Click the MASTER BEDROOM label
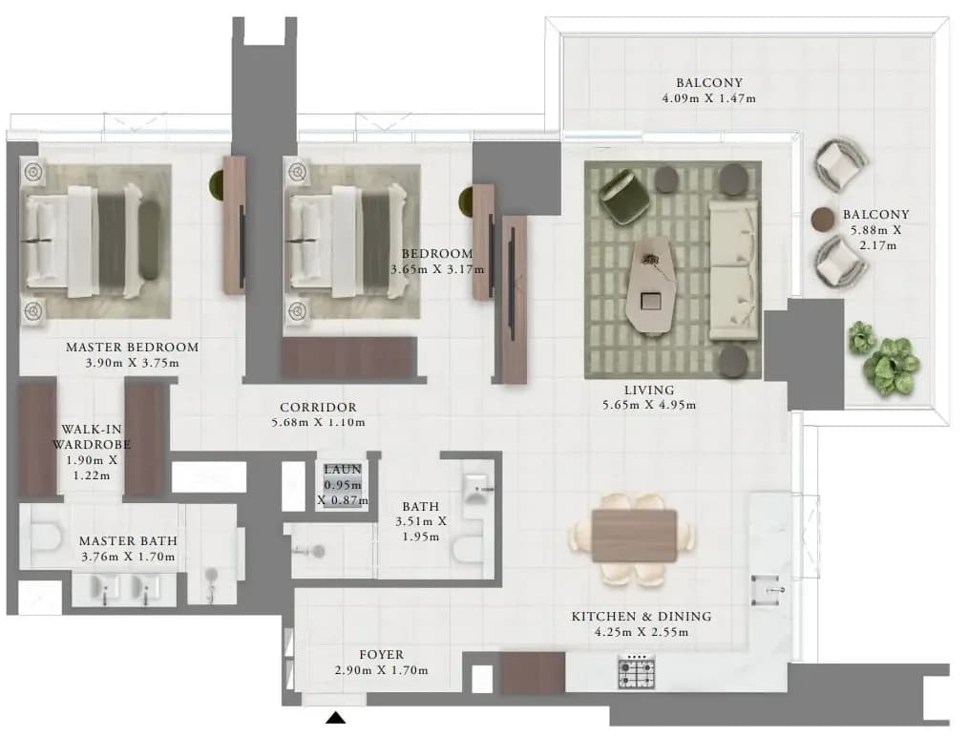[132, 348]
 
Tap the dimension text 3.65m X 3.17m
[437, 269]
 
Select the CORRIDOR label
[318, 408]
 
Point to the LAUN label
[343, 470]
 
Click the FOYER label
[382, 655]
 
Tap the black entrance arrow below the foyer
[335, 718]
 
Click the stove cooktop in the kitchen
[637, 672]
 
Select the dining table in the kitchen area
[634, 536]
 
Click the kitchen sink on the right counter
[768, 590]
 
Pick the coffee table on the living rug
[651, 285]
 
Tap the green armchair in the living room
[624, 197]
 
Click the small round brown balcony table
[822, 219]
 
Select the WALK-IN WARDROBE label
[91, 436]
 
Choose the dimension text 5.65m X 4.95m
[649, 405]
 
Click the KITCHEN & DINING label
[642, 617]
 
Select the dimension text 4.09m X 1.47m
[708, 98]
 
